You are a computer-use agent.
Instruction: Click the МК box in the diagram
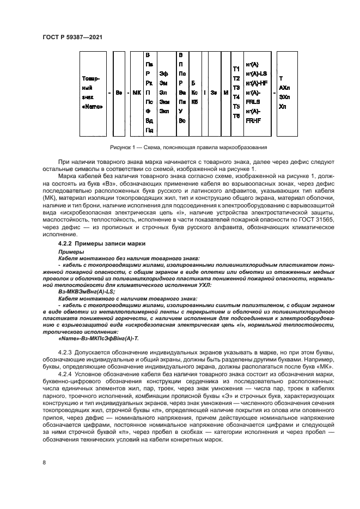pos(136,93)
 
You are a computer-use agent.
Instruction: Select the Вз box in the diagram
pos(118,93)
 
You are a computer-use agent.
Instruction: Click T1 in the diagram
pos(236,69)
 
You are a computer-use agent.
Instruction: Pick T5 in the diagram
pos(236,106)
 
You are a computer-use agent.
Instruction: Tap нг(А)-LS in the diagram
pos(255,73)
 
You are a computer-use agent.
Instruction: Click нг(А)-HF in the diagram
pos(255,83)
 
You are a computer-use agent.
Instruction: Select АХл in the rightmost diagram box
pos(284,88)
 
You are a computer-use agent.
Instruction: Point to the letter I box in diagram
pos(204,93)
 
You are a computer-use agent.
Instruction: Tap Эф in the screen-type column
pos(163,73)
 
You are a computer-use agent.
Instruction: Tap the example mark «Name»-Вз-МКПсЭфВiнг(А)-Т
pos(91,338)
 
